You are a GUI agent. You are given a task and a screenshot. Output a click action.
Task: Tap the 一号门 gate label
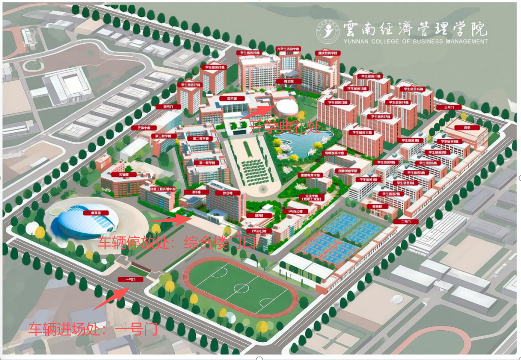click(x=127, y=279)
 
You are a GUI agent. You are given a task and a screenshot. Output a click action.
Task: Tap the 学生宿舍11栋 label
click(x=362, y=132)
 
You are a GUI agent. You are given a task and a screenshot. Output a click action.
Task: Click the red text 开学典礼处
click(x=277, y=127)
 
